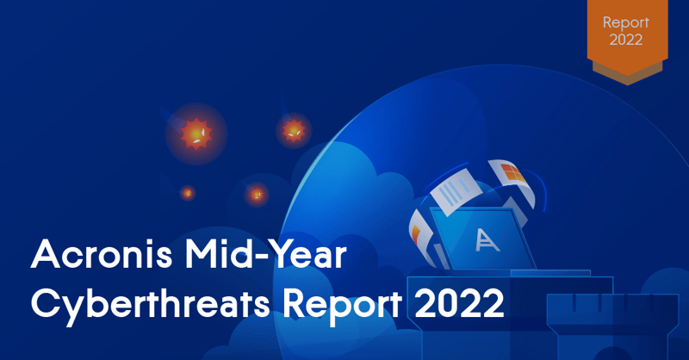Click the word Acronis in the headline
click(102, 255)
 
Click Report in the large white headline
click(342, 303)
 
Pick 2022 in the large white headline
click(459, 303)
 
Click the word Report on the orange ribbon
click(626, 23)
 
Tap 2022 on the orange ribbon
click(626, 40)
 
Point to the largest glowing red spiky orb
click(196, 133)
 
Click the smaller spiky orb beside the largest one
click(294, 130)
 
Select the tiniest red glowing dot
click(188, 193)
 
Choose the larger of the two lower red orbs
click(257, 194)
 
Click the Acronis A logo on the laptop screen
click(487, 240)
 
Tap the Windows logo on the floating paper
click(512, 173)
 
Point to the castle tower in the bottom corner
click(612, 326)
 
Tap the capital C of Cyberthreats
click(46, 303)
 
